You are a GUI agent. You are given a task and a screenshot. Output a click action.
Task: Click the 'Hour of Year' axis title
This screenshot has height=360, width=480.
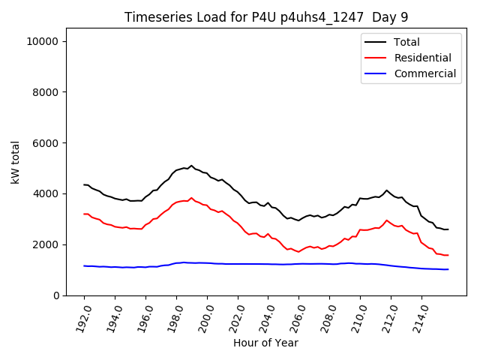(x=265, y=343)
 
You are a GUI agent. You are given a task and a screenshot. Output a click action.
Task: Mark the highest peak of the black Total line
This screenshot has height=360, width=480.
(x=191, y=166)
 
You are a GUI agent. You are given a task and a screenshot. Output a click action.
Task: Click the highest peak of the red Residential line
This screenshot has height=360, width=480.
(x=191, y=198)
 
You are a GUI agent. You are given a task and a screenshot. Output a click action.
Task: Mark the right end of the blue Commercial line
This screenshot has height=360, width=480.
(x=448, y=269)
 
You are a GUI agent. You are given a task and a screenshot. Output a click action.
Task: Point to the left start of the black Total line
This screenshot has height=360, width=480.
(x=84, y=184)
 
